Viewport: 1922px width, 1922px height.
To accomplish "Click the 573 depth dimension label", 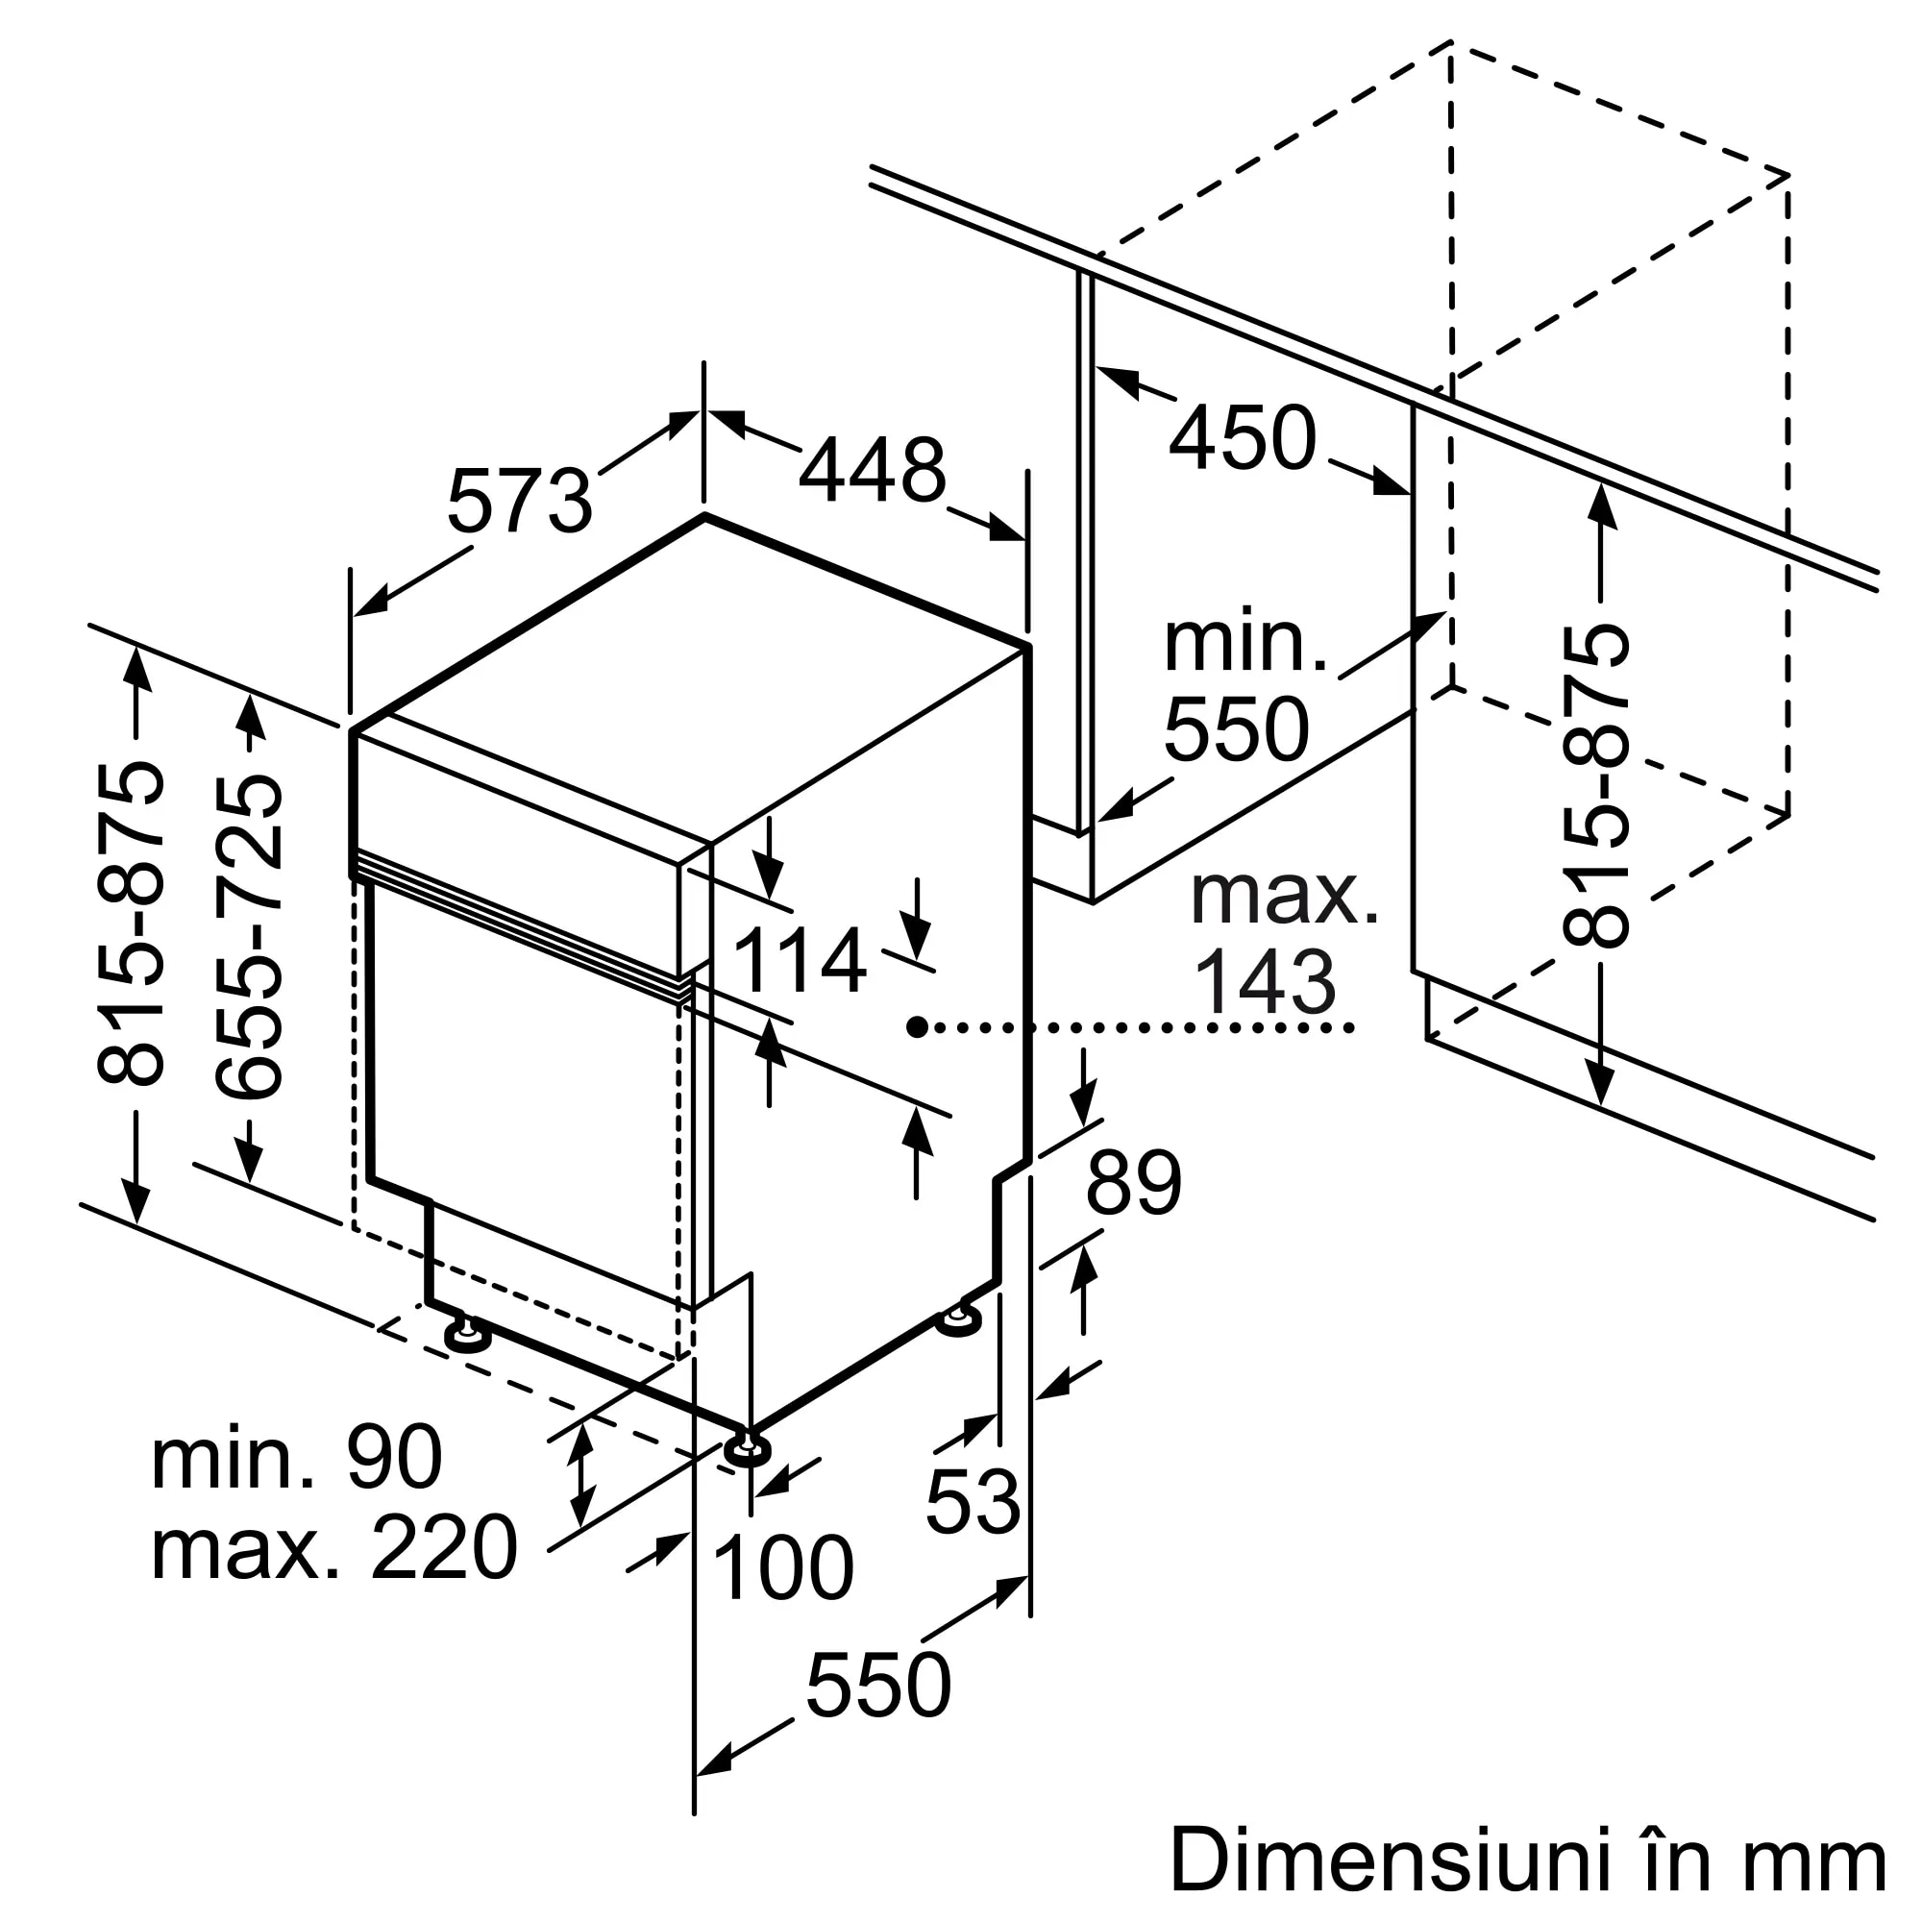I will coord(519,502).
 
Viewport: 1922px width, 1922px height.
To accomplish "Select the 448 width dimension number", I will coord(873,471).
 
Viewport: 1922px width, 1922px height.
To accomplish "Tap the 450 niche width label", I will coord(1243,437).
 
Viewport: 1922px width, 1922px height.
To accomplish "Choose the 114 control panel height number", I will coord(799,961).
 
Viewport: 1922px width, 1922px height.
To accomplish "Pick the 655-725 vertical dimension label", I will coord(250,937).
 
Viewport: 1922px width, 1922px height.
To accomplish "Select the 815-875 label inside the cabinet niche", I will coord(1595,785).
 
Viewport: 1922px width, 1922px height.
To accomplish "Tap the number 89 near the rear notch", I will coord(1133,1183).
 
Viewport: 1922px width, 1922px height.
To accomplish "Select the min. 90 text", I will coord(296,1459).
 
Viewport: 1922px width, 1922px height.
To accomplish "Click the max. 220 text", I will coord(334,1549).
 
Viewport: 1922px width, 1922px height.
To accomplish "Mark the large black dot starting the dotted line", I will coord(917,1026).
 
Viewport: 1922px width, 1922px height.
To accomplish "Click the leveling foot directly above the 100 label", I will coord(746,1450).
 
